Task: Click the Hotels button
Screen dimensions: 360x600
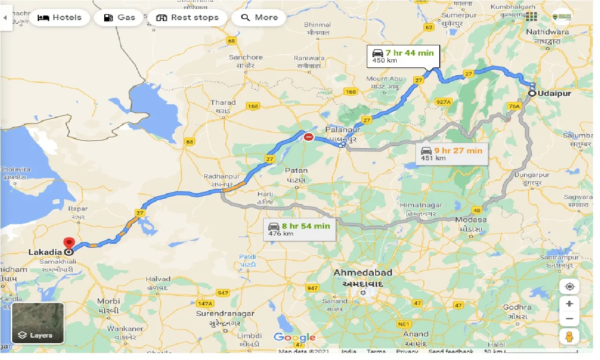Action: (59, 18)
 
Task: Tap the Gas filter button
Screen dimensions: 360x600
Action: (120, 18)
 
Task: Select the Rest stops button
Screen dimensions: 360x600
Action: (187, 18)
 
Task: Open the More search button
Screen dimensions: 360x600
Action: (259, 18)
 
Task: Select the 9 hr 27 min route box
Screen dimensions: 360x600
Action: (451, 154)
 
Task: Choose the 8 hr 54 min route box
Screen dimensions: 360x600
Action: (299, 229)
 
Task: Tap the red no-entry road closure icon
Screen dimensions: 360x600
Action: (308, 137)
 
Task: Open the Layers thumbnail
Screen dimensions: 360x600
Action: (38, 323)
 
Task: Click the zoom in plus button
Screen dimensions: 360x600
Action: (569, 304)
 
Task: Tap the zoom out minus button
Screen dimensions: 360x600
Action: (569, 319)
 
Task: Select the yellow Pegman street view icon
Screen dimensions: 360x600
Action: (569, 337)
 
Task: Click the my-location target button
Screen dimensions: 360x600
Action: (569, 287)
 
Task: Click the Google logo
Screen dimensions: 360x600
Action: (294, 337)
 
